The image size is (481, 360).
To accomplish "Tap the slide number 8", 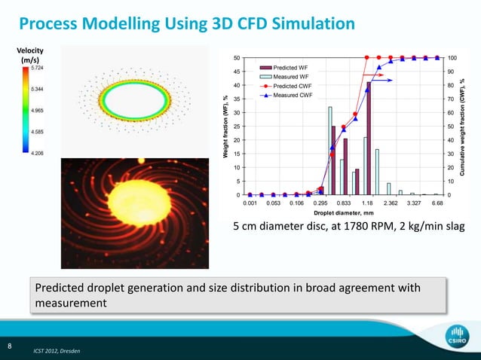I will click(9, 346).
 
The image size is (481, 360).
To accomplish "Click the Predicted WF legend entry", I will click(290, 67).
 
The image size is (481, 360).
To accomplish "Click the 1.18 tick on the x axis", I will click(367, 203).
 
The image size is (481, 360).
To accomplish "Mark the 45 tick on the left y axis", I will click(237, 72).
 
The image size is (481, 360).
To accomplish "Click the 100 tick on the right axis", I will click(452, 58).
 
